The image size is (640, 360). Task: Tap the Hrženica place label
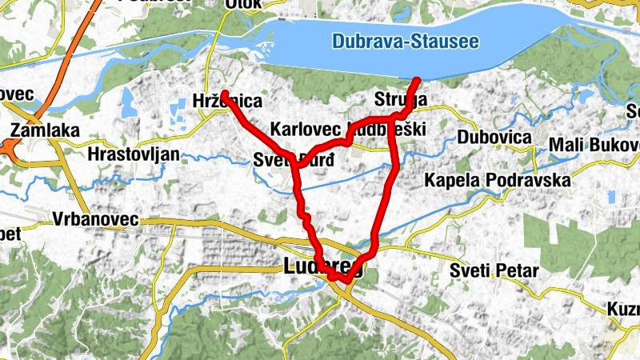pyautogui.click(x=228, y=101)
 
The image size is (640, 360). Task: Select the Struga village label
pyautogui.click(x=401, y=100)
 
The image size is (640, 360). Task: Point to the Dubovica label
pyautogui.click(x=494, y=138)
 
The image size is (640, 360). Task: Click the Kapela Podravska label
pyautogui.click(x=498, y=180)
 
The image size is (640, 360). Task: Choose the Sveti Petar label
pyautogui.click(x=494, y=270)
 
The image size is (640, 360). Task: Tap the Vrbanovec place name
pyautogui.click(x=95, y=218)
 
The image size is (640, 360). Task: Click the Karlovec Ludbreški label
pyautogui.click(x=348, y=130)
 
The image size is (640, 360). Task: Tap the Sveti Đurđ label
pyautogui.click(x=292, y=159)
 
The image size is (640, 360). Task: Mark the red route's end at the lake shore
pyautogui.click(x=417, y=79)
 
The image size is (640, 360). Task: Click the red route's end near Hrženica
pyautogui.click(x=225, y=94)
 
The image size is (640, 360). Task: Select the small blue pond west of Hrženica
pyautogui.click(x=127, y=99)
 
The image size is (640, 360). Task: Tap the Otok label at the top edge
pyautogui.click(x=244, y=4)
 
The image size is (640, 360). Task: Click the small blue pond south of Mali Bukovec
pyautogui.click(x=612, y=196)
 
